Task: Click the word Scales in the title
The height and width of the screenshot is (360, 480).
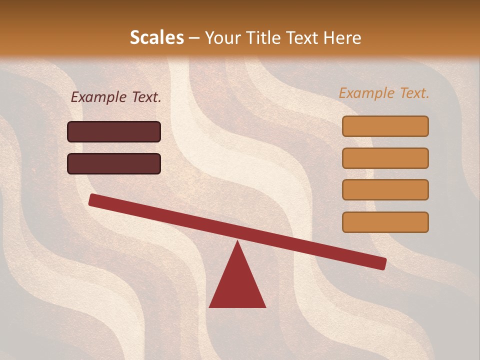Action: pos(157,38)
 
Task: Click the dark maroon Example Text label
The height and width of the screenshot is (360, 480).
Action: pos(116,97)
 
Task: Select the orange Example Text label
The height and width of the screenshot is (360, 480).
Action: pos(384,93)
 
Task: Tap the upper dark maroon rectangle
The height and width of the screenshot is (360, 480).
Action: pos(114,131)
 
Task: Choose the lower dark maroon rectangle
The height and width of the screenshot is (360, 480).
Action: pos(114,163)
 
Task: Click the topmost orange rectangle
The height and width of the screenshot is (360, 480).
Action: pos(385,126)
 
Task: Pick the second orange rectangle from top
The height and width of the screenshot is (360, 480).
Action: pos(385,158)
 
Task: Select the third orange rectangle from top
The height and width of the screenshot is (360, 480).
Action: pos(385,190)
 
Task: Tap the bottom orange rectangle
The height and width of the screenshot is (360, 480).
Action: pos(385,222)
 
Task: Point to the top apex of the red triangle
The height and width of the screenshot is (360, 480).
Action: pos(237,243)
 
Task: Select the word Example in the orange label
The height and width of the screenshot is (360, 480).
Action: pos(366,93)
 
